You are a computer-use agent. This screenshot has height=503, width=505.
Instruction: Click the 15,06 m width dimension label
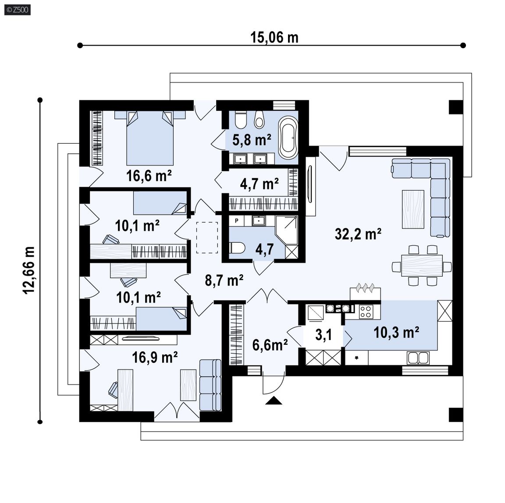coord(274,37)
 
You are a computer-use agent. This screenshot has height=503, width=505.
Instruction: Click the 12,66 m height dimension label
coord(29,270)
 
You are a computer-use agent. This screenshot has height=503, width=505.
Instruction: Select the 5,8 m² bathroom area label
coord(252,140)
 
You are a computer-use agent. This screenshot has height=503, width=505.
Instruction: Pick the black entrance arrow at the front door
coord(274,400)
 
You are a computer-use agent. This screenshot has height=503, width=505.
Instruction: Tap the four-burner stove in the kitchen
coord(366,312)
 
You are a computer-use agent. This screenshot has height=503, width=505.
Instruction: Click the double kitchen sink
coord(418,358)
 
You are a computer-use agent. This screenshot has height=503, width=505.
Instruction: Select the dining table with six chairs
coord(422,266)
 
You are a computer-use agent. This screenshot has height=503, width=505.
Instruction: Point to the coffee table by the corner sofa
coord(413,209)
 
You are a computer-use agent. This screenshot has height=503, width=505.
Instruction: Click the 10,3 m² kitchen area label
coord(396,333)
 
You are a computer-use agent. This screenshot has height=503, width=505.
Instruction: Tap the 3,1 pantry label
coord(324,335)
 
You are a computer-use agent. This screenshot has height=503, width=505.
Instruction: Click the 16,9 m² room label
coord(155,357)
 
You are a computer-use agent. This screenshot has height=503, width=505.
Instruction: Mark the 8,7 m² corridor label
coord(224,280)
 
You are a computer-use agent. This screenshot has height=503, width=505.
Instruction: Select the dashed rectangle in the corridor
coord(207,237)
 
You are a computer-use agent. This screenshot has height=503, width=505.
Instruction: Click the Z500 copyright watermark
coord(18,10)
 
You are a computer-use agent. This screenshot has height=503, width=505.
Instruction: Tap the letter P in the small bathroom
coord(237,221)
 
